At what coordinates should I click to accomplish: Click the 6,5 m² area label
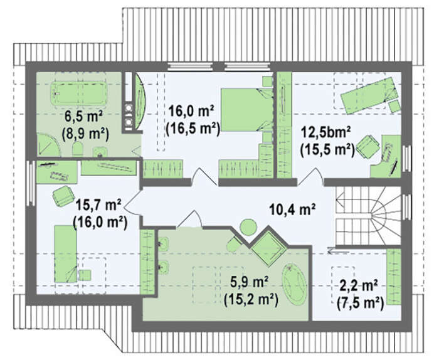coord(83,117)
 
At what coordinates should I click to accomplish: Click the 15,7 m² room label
coord(98,206)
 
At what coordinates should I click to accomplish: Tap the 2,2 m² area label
coord(359,286)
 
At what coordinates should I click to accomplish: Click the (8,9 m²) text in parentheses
coord(85,134)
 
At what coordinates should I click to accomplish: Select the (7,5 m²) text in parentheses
coord(360,303)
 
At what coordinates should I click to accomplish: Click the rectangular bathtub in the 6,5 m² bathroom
coord(78,93)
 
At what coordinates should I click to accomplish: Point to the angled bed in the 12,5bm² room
coord(369,95)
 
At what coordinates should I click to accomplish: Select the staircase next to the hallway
coord(369,216)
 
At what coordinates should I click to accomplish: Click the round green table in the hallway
coord(248,227)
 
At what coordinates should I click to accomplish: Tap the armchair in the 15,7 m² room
coord(63,196)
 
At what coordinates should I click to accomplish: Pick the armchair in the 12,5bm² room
coord(369,147)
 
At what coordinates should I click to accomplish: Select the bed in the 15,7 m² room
coord(66,254)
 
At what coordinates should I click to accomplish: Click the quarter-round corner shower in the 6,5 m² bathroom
coord(48,145)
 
